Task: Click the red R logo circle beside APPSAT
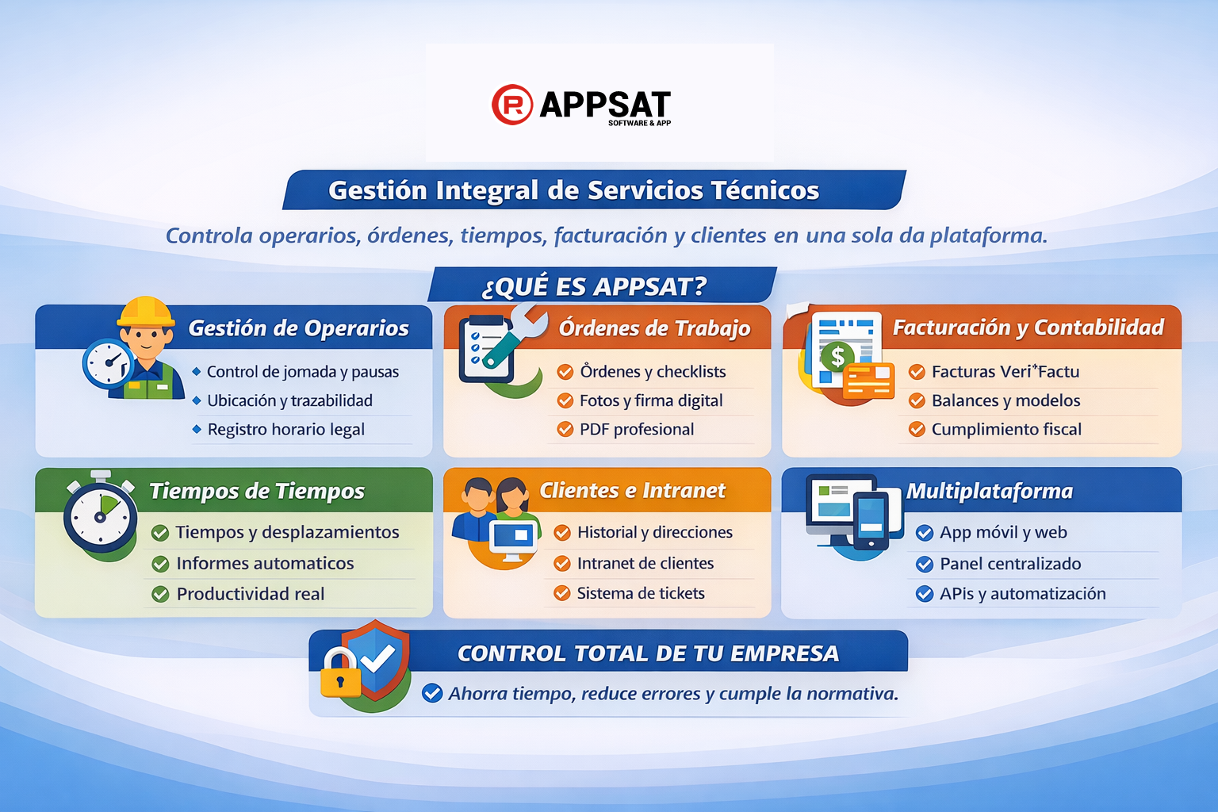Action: click(x=512, y=105)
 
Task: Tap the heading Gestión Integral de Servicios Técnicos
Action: click(x=573, y=190)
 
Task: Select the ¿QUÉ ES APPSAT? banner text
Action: click(x=594, y=286)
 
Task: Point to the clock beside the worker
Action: click(x=107, y=363)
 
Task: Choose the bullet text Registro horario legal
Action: click(x=285, y=430)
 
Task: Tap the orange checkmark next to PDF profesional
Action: click(x=565, y=430)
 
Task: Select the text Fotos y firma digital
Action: click(x=651, y=400)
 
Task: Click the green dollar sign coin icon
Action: click(x=837, y=357)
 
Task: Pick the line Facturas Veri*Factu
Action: click(x=1005, y=372)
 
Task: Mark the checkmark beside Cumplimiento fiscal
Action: click(x=917, y=430)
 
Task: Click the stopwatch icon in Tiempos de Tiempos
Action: click(x=100, y=514)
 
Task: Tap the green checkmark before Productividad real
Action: click(x=160, y=594)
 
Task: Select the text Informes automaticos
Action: click(x=265, y=564)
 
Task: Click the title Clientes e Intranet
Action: click(x=632, y=491)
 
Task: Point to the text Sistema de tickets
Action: click(x=641, y=593)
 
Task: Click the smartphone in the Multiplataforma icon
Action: click(x=871, y=520)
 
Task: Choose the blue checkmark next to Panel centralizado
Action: click(x=925, y=564)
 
